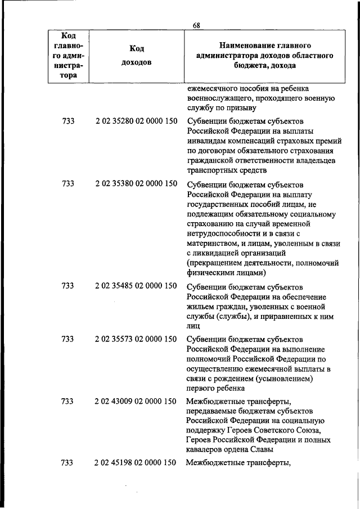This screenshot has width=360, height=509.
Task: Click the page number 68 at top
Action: tap(196, 25)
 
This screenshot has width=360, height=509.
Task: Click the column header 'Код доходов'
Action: tap(136, 55)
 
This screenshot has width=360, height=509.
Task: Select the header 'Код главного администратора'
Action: tap(68, 55)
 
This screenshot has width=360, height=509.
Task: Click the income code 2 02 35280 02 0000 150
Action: tap(136, 121)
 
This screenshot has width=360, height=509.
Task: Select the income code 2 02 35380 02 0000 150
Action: tap(136, 183)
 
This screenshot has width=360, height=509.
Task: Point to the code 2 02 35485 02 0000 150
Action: tap(136, 286)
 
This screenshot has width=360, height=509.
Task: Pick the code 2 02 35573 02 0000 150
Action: tap(136, 339)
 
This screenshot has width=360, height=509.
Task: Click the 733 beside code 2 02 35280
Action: tap(67, 121)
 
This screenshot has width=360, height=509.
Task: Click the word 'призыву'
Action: tap(242, 108)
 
